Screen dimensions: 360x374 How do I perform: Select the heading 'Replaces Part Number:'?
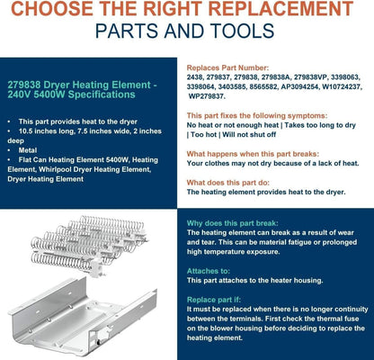(x=227, y=67)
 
